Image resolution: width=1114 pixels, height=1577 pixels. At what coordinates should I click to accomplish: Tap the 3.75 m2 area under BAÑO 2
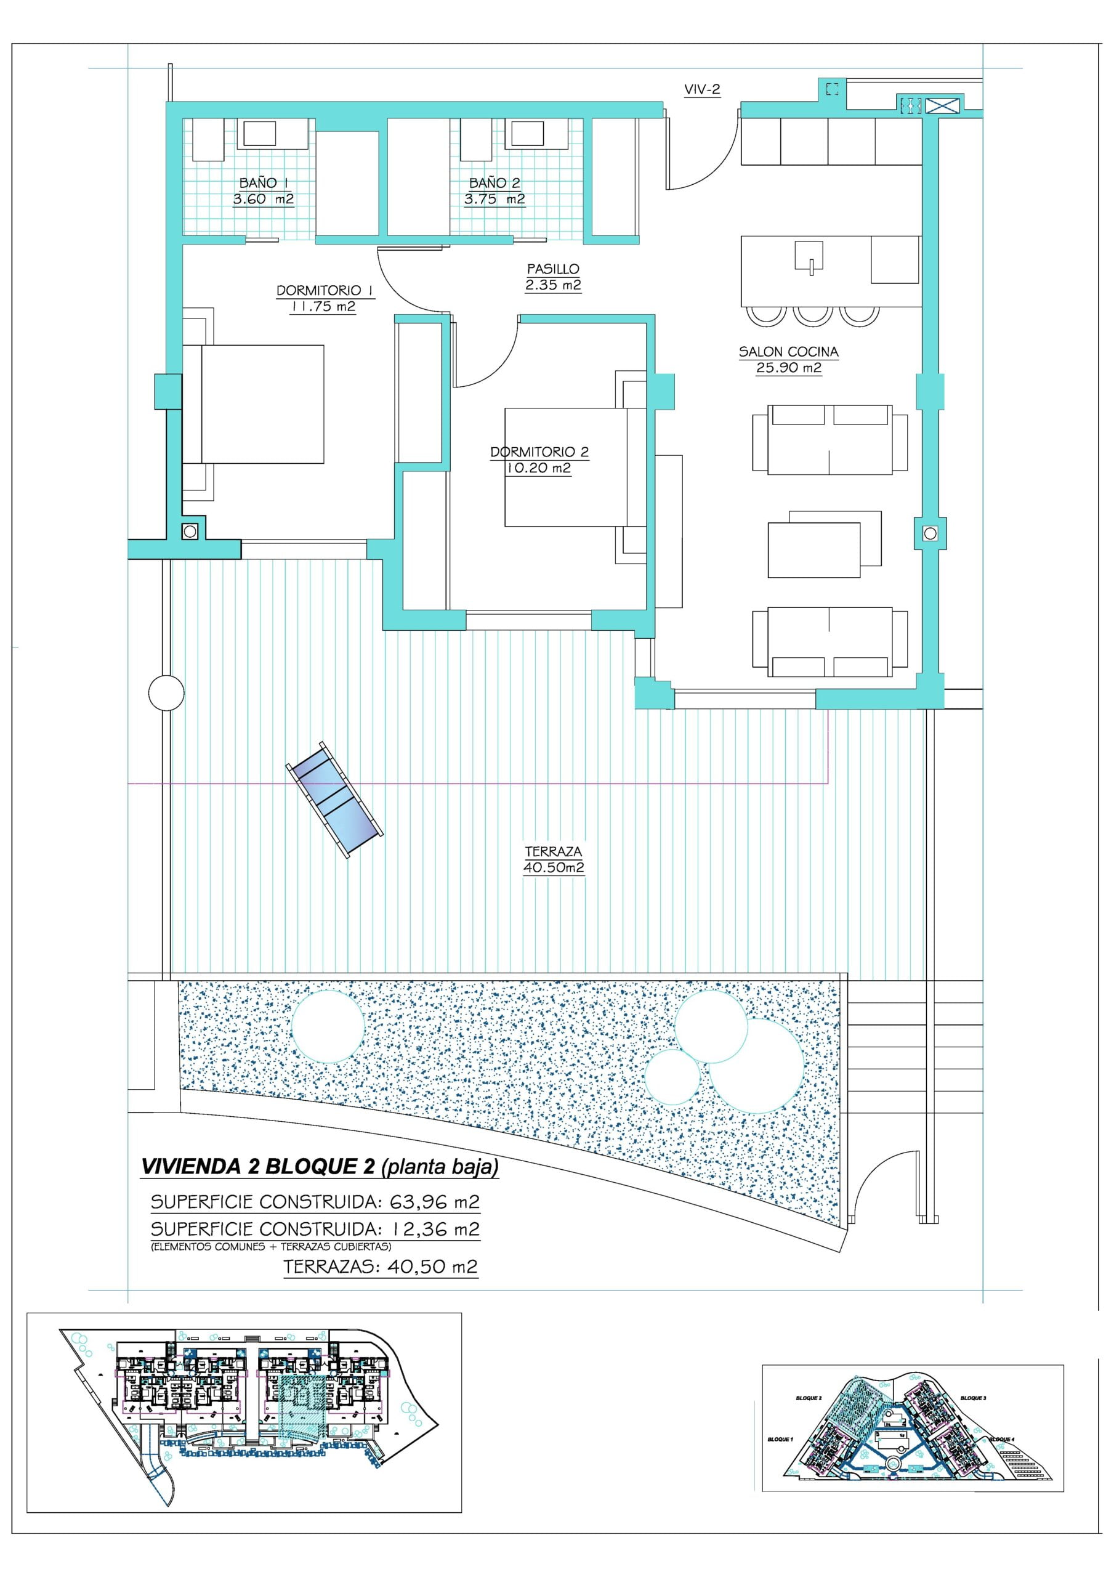(494, 199)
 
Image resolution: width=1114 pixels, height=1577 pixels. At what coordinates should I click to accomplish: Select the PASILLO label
(553, 269)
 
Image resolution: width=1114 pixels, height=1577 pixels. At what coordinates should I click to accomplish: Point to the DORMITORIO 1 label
(323, 291)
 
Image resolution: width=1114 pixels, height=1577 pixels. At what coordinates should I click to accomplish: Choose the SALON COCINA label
(788, 352)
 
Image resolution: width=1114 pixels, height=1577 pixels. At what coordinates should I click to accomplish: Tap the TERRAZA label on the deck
(553, 852)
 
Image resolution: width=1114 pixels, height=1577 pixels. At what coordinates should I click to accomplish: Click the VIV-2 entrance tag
(701, 89)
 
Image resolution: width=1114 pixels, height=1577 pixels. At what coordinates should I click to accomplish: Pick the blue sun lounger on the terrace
(334, 799)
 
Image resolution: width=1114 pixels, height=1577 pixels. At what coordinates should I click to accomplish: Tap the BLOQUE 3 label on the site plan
(973, 1398)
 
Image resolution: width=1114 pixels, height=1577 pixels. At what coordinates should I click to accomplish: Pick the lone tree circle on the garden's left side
(328, 1027)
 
